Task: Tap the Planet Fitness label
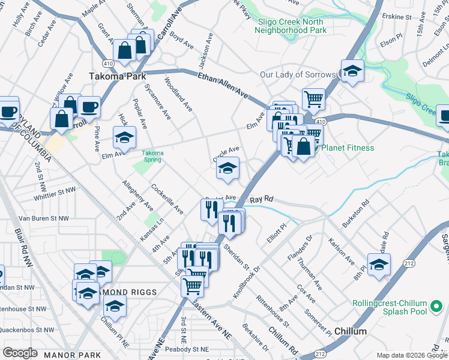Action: point(349,148)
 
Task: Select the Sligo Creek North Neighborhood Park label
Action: point(292,26)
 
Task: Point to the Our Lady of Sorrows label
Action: point(298,75)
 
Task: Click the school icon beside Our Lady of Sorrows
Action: point(352,71)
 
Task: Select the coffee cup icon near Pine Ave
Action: point(89,107)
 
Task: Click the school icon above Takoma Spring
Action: point(124,139)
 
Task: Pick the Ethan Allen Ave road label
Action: point(223,85)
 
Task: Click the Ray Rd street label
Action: point(261,199)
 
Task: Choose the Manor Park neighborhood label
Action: point(73,355)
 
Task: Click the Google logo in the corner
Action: point(20,353)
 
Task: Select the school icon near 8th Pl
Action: point(379,263)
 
